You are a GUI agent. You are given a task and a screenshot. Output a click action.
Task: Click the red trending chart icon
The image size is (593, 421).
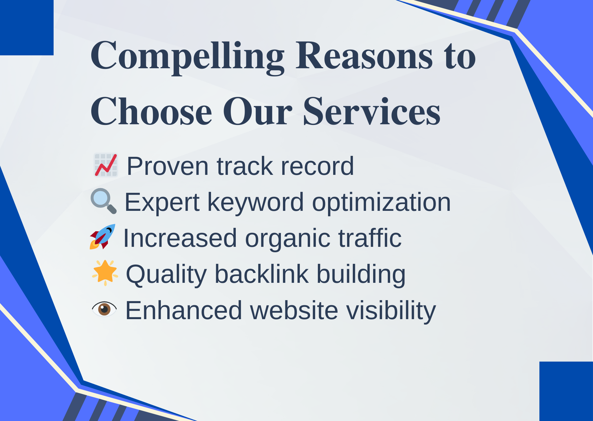[106, 165]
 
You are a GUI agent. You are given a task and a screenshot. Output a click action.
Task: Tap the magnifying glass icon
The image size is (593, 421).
[103, 201]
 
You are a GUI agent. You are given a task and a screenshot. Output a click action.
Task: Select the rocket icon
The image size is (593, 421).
[102, 237]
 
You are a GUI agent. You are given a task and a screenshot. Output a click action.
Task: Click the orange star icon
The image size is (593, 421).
[105, 273]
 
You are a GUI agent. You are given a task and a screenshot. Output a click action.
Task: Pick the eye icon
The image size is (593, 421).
[104, 309]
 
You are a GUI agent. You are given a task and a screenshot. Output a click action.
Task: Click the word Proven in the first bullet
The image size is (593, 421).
[168, 166]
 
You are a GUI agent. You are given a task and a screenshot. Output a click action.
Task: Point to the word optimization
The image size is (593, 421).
[381, 202]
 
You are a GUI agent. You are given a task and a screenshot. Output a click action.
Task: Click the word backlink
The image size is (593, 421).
[262, 274]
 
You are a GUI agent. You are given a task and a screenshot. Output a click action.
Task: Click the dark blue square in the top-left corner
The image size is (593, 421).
[26, 27]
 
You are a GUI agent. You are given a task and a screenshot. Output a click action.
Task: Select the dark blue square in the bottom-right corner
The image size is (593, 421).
[566, 391]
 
